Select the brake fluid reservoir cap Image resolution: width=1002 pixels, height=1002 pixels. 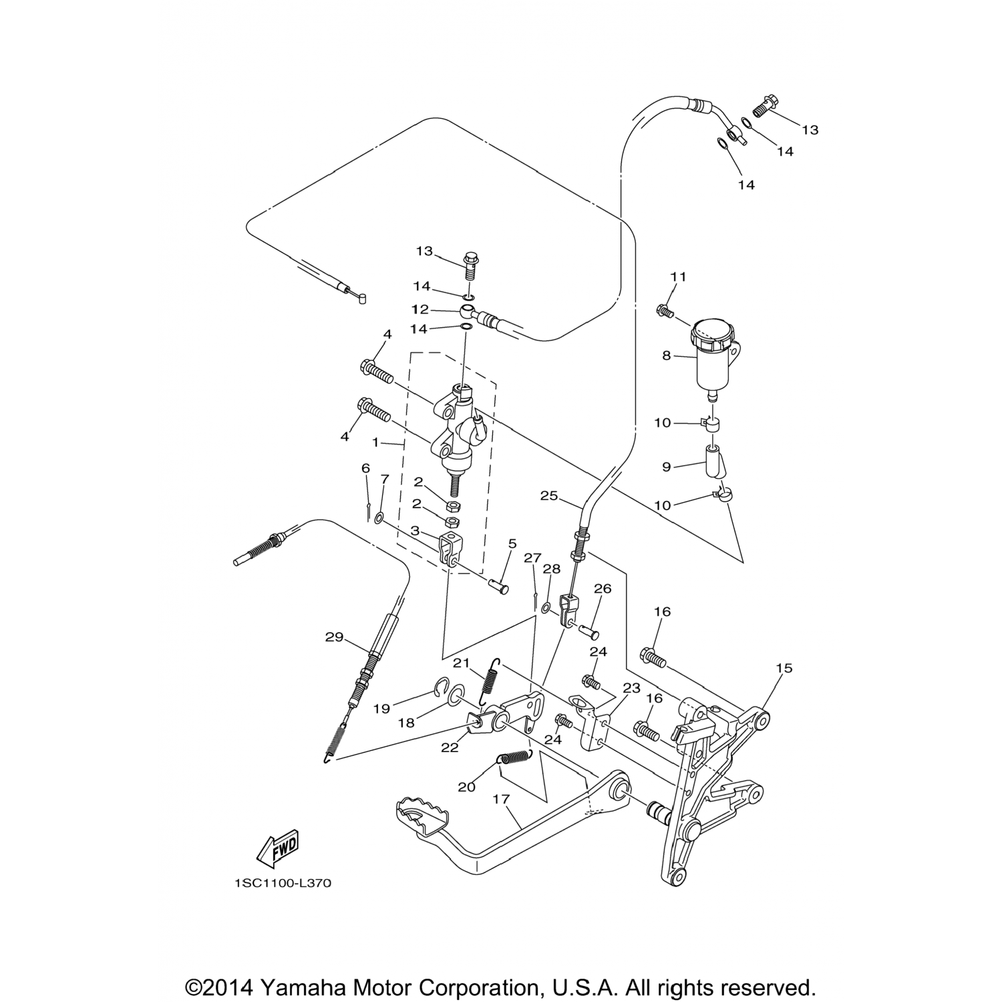point(712,335)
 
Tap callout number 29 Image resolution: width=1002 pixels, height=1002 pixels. point(334,637)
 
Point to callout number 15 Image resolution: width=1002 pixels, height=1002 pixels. point(784,668)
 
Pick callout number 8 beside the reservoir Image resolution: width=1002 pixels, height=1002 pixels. point(666,356)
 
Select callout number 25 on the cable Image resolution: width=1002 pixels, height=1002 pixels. point(549,496)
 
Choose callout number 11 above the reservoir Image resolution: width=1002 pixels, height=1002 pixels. point(679,277)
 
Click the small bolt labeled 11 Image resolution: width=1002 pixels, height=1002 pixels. point(664,310)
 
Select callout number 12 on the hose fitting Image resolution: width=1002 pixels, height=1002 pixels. point(420,310)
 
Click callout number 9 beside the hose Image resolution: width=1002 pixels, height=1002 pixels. point(666,467)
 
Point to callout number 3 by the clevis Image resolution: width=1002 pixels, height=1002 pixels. point(415,530)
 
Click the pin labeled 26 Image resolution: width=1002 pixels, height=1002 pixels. point(587,629)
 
